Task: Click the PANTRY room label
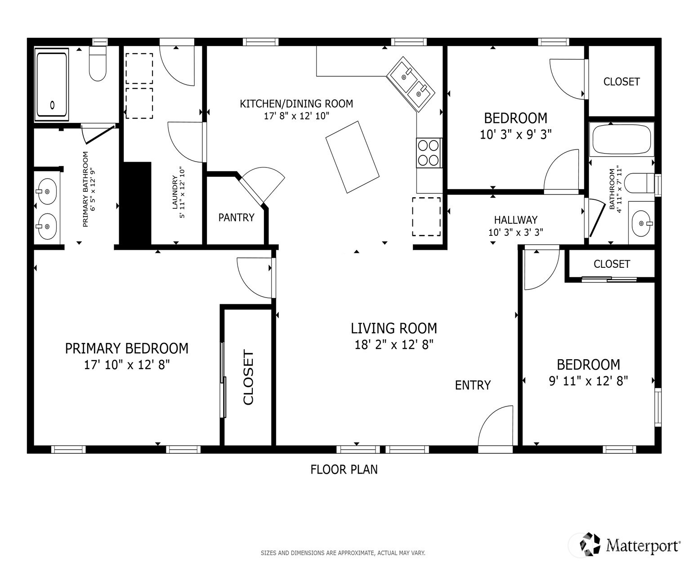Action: tap(236, 218)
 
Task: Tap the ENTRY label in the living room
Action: tap(473, 385)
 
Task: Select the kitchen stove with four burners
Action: tap(428, 153)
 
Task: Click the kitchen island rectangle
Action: tap(352, 157)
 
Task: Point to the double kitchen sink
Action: tap(411, 84)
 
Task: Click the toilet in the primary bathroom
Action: tap(98, 64)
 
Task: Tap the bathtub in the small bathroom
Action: tap(621, 140)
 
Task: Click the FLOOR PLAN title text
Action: tap(344, 469)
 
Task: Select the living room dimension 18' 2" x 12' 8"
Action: tap(393, 345)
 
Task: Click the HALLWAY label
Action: tap(515, 220)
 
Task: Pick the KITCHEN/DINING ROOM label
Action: tap(296, 104)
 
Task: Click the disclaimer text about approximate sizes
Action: tap(343, 553)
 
